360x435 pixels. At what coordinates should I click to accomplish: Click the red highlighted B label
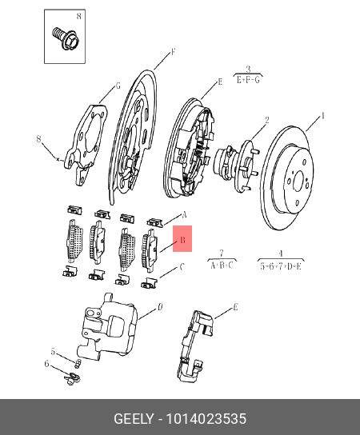click(x=182, y=239)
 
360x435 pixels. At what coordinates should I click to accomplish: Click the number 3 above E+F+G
click(x=248, y=69)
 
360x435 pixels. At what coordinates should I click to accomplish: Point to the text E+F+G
click(x=248, y=80)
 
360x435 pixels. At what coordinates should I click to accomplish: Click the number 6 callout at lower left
click(x=47, y=365)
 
